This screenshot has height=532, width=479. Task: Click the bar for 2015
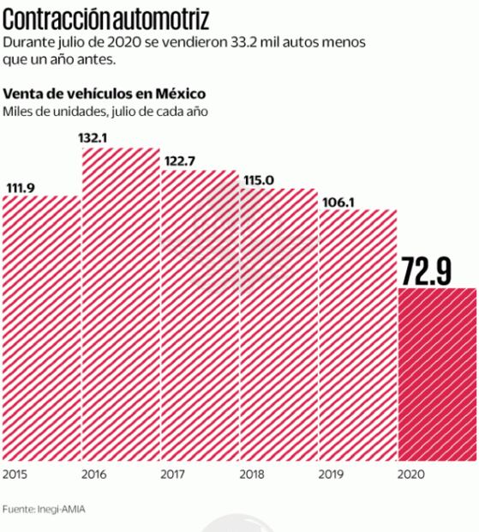[x=41, y=330]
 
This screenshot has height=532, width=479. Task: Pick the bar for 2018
[x=278, y=326]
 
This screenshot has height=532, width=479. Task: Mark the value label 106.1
[x=339, y=202]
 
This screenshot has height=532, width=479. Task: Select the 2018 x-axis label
[x=252, y=474]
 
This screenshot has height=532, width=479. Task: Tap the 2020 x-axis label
[x=410, y=474]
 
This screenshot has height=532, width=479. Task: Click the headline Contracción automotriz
[x=106, y=17]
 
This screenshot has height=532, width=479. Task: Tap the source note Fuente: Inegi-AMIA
[x=44, y=510]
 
